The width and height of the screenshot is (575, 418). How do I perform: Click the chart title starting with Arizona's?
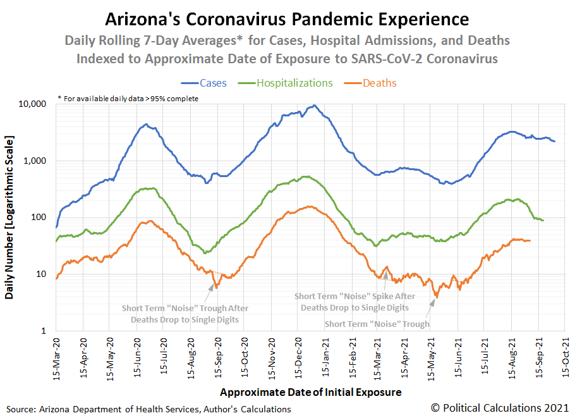coord(287,18)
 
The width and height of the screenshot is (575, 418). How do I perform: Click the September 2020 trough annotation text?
coord(185,314)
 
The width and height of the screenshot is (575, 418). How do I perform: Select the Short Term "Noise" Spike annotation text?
coord(354,302)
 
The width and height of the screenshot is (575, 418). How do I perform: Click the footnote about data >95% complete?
coord(128,98)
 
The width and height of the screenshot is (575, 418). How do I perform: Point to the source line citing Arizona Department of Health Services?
coord(148,409)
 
